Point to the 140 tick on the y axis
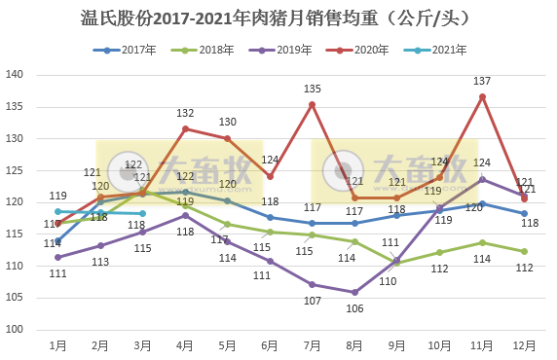coord(16,75)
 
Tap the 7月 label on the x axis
coord(312,344)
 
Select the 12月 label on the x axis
coord(524,344)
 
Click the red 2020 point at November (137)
coord(482,95)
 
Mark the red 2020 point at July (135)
coord(312,104)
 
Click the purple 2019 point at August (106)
coord(354,292)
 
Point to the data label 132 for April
coord(185,114)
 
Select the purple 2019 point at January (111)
coord(57,258)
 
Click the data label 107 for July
coord(312,300)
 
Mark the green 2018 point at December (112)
coord(524,251)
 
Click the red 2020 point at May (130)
coord(228,138)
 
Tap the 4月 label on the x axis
coord(185,344)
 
